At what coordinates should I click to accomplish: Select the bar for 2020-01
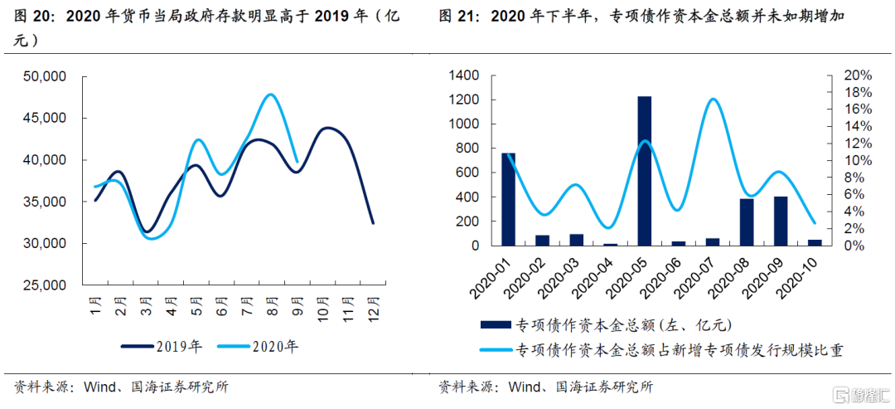[508, 199]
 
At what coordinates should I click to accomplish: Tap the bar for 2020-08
[746, 222]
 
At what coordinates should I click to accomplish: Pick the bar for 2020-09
[780, 221]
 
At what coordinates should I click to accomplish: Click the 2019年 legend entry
[164, 347]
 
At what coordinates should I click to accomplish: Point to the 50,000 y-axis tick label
[46, 77]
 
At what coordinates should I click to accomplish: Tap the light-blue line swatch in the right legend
[495, 350]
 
